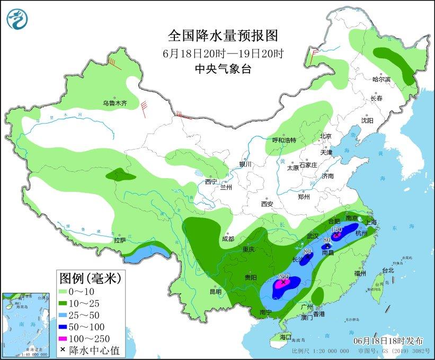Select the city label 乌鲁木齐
point(115,103)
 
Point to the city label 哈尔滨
point(381,80)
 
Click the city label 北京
point(325,136)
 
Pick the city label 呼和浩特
point(284,141)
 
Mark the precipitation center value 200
point(283,277)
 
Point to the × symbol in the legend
point(64,350)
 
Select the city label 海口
point(286,337)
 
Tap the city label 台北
point(388,270)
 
